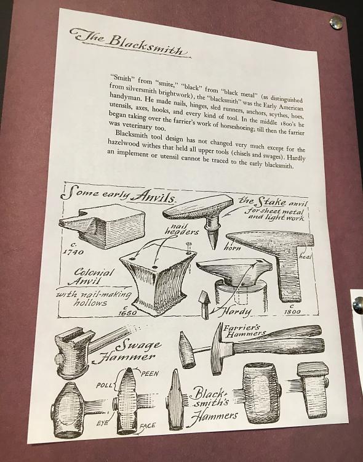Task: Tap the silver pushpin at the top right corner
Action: click(x=336, y=22)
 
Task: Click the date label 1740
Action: click(x=73, y=249)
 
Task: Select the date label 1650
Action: click(x=127, y=310)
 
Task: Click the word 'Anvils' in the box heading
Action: click(x=153, y=197)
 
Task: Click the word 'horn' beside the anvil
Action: click(x=232, y=248)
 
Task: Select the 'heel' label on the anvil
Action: click(x=305, y=256)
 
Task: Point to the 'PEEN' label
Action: click(x=150, y=374)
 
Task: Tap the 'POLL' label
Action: click(x=104, y=386)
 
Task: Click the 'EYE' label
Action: click(x=103, y=423)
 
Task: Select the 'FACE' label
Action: click(x=147, y=426)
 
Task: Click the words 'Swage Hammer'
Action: click(x=127, y=351)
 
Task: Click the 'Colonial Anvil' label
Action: click(x=92, y=277)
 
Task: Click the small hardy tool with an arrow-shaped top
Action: click(x=205, y=305)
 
